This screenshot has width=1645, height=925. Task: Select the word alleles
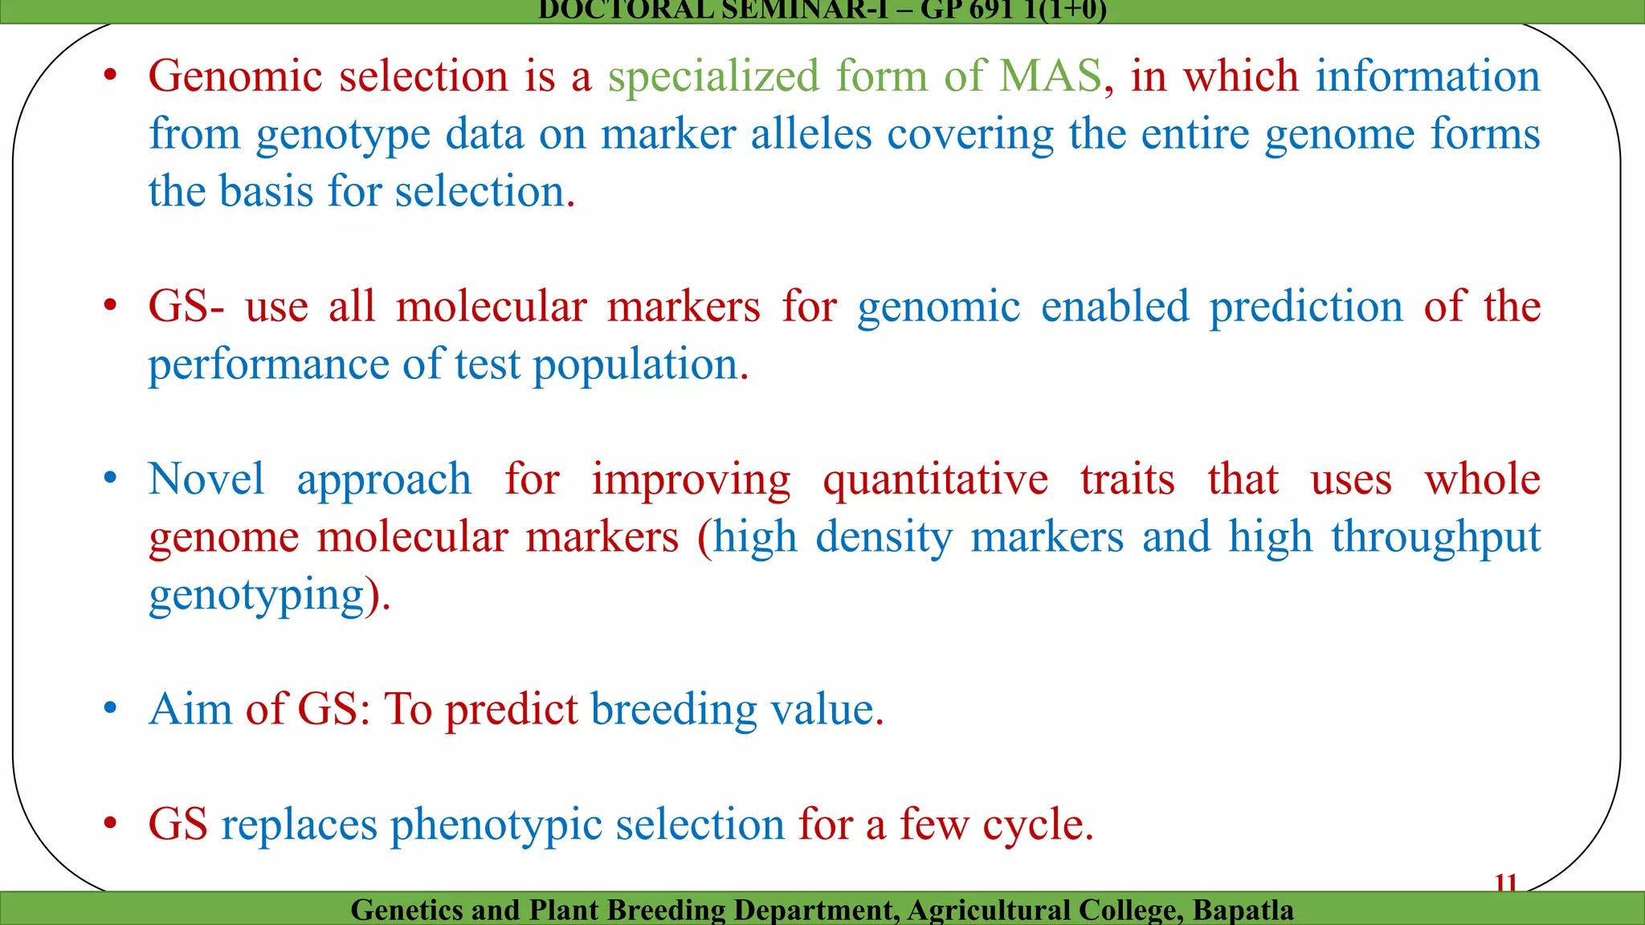point(811,134)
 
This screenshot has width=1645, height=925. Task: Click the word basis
point(266,192)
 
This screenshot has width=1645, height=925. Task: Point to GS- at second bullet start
point(186,307)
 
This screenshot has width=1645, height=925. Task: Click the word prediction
point(1306,308)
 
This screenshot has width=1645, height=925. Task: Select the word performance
point(268,365)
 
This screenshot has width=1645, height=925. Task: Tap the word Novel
point(206,479)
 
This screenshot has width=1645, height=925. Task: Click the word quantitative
point(935,481)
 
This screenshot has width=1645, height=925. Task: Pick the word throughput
point(1436,538)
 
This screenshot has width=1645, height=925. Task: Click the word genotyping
point(256,597)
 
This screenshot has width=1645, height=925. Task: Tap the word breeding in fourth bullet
point(673,710)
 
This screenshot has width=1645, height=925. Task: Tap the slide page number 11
point(1505,884)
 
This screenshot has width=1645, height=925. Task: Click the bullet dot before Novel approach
point(111,479)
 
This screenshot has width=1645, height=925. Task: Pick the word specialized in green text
point(713,77)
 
